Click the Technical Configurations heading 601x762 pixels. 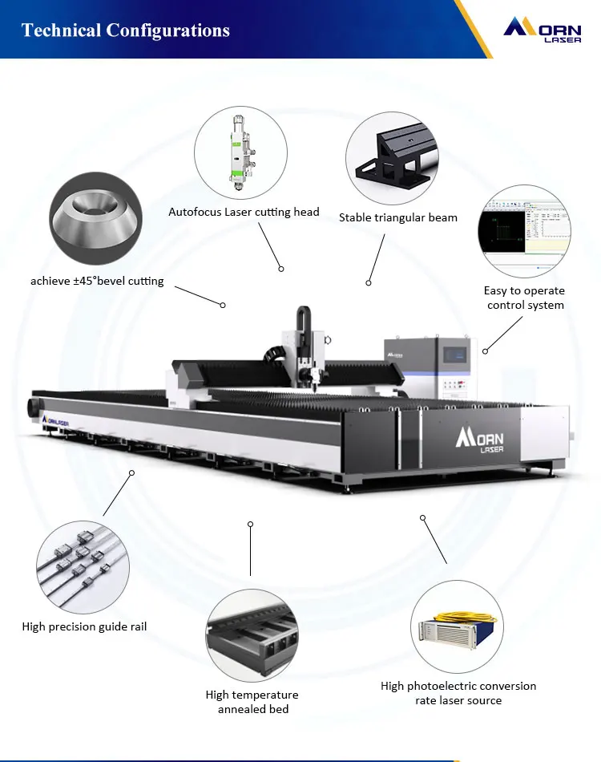[126, 30]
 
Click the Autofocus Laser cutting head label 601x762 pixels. [244, 213]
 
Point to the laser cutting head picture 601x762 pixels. [240, 153]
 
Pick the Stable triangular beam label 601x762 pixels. [397, 217]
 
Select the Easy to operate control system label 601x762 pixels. [525, 298]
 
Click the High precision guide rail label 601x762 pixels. [84, 626]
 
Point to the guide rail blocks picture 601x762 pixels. [83, 568]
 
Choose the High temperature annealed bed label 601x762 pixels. [252, 702]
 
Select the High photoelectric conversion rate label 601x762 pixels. [458, 693]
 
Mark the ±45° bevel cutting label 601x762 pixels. [97, 281]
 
